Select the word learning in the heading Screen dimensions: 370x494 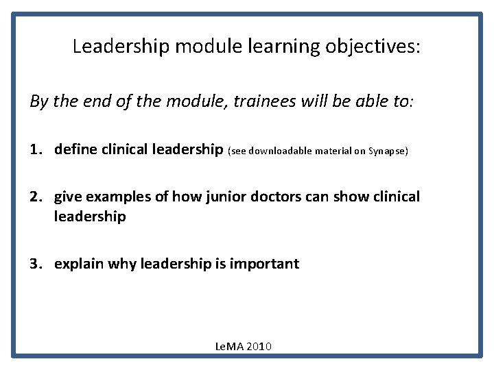[274, 47]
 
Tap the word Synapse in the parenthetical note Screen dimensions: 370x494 [389, 150]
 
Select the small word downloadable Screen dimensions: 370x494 [283, 150]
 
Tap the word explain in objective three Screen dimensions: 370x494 [79, 263]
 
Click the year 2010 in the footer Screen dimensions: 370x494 [259, 346]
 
